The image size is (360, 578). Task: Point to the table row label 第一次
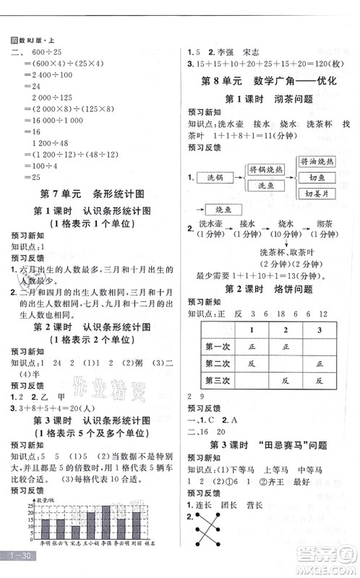[218, 345]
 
